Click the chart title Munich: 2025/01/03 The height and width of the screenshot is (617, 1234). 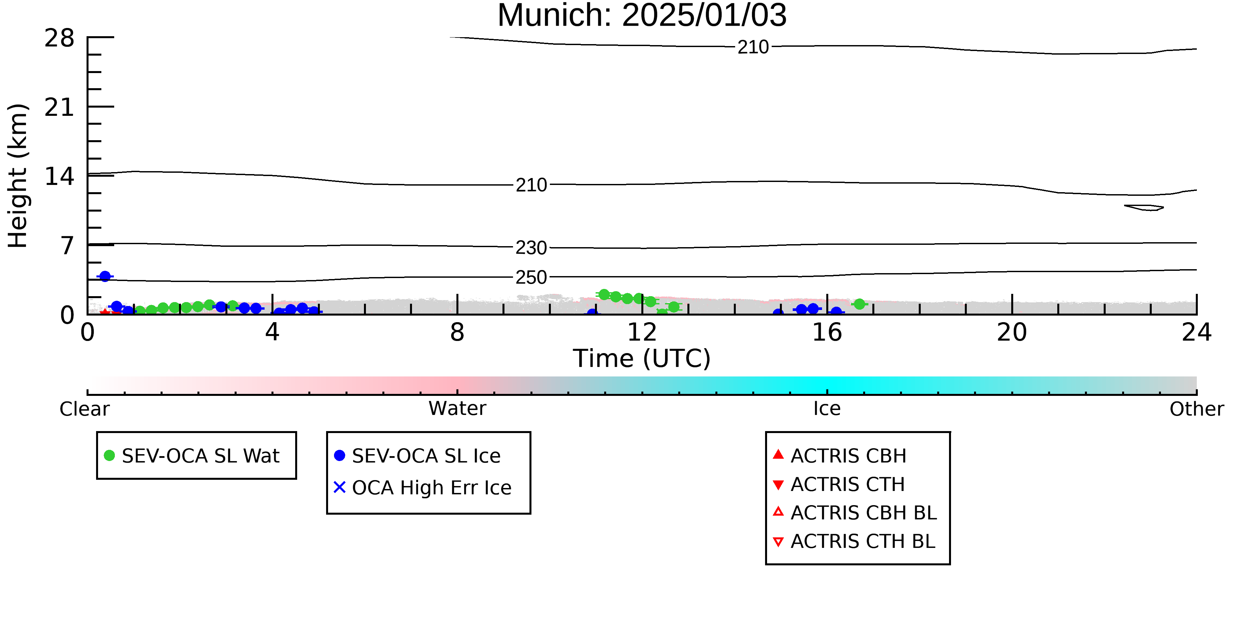642,15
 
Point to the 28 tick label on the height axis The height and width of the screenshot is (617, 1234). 60,38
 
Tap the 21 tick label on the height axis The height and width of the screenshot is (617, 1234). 60,107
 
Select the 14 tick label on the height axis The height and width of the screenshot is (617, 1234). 60,176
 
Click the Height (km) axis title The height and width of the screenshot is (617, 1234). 18,176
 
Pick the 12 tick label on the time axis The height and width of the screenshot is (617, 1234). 642,332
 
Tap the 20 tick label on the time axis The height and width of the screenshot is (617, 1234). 1012,332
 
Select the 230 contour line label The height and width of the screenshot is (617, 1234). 531,248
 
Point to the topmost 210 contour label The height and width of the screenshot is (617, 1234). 753,47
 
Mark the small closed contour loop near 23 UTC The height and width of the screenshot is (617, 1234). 1144,207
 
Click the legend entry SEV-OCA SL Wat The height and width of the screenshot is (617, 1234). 192,455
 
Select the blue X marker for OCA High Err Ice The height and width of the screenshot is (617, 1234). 340,487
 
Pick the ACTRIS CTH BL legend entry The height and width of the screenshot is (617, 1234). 854,541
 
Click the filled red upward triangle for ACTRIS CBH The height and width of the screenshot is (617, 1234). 779,454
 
